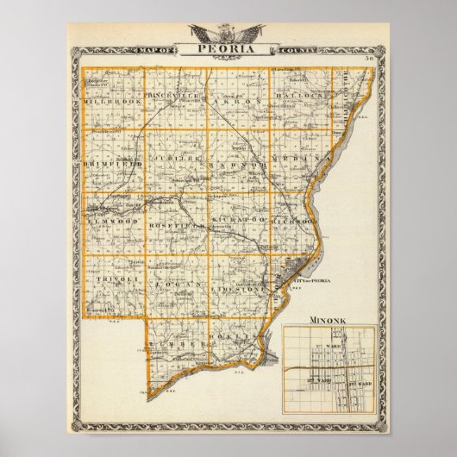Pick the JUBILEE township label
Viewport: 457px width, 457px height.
(177, 161)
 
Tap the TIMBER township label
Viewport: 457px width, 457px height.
(172, 341)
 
